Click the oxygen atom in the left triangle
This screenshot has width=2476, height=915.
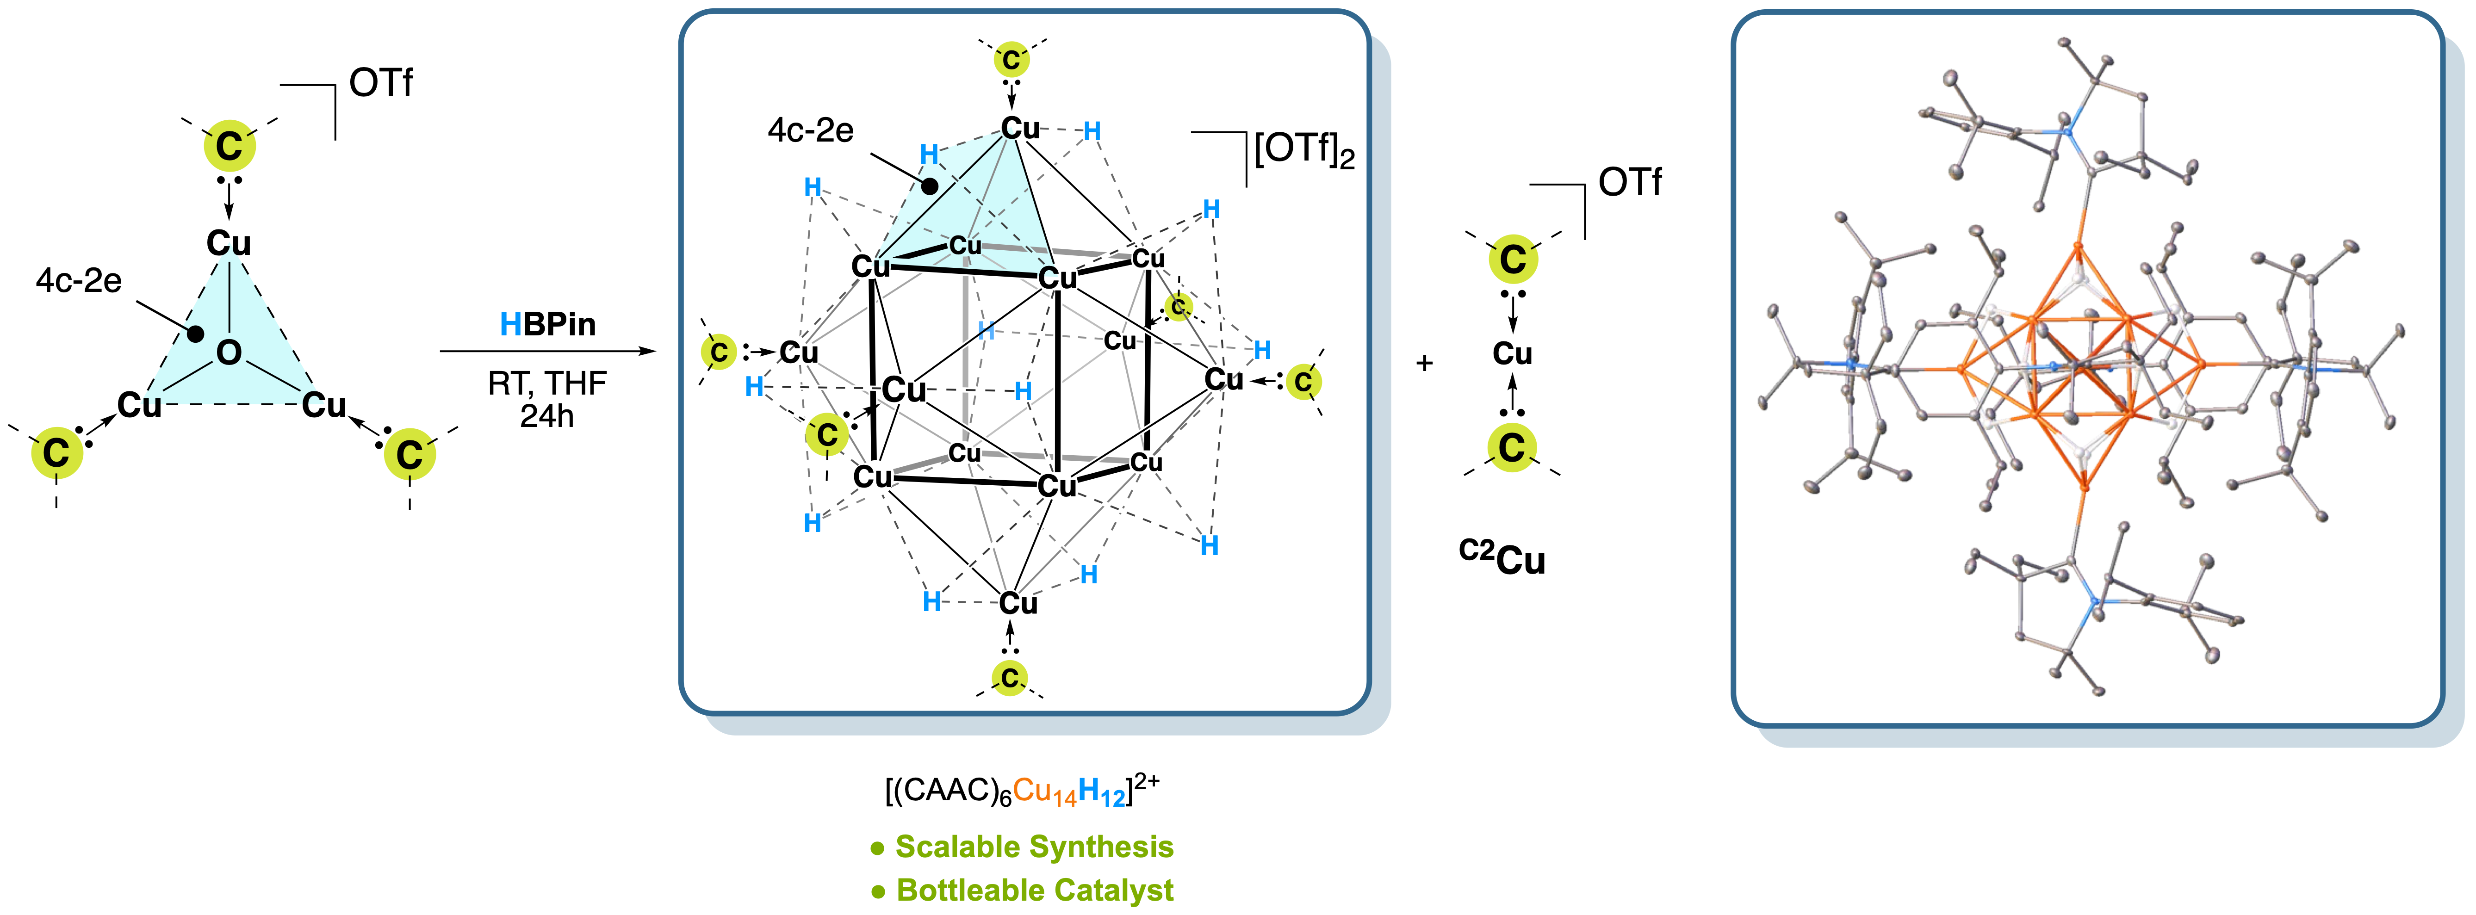click(229, 353)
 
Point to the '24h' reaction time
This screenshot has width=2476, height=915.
click(547, 416)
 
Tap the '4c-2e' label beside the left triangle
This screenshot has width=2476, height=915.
click(79, 281)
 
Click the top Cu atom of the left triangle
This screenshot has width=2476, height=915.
click(229, 243)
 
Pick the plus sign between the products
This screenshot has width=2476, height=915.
click(1424, 363)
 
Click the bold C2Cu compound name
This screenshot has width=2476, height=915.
click(1502, 557)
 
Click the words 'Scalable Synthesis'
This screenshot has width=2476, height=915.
click(1034, 847)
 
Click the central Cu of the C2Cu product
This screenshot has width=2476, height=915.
click(1512, 354)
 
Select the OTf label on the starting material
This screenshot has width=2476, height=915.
click(381, 84)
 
